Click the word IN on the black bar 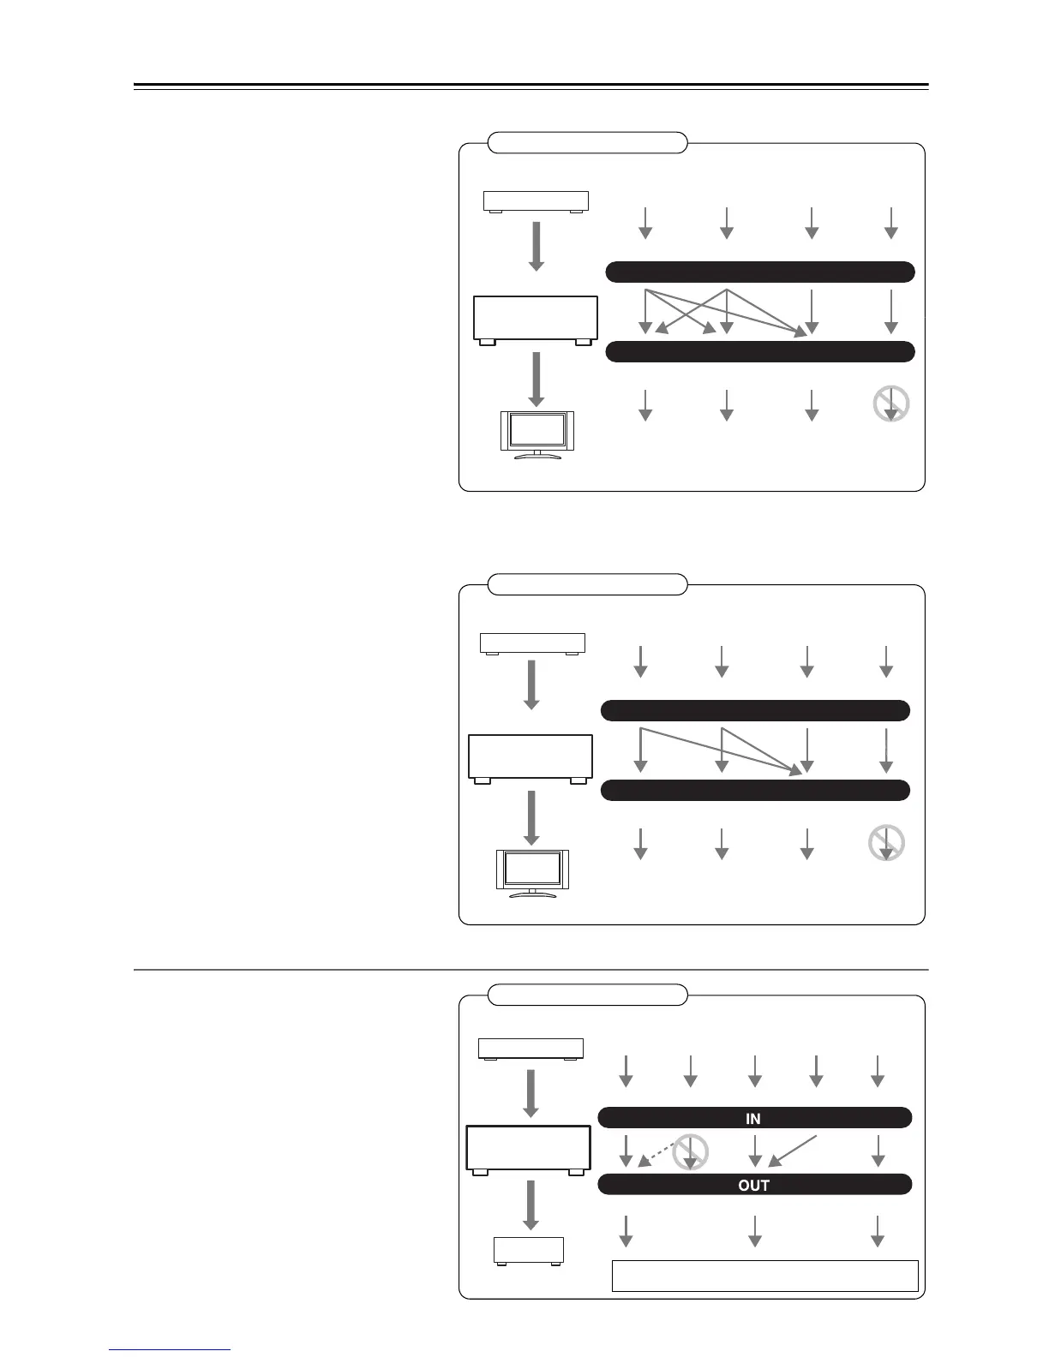pos(753,1119)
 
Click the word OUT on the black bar pos(753,1186)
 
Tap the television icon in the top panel pos(536,434)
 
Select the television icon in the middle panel pos(532,872)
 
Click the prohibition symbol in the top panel pos(891,404)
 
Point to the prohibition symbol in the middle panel pos(887,843)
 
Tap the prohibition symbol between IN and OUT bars pos(691,1152)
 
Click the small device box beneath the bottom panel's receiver pos(529,1252)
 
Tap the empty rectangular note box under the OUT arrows pos(764,1275)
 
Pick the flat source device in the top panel pos(536,202)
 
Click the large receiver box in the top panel pos(536,320)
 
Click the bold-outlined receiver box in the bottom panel pos(528,1149)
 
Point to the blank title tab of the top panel pos(588,142)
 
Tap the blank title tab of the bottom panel pos(588,995)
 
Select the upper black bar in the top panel pos(760,272)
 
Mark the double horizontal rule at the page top pos(531,87)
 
